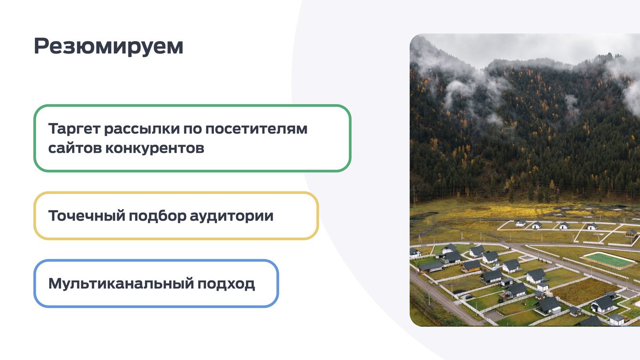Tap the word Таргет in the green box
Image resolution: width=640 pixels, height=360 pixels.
click(74, 129)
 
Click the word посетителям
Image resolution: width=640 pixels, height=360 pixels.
click(256, 129)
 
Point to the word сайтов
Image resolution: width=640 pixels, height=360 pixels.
click(75, 148)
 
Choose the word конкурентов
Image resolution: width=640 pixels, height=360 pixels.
click(155, 148)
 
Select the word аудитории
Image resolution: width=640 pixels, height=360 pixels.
click(232, 216)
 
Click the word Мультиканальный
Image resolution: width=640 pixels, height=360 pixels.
click(121, 284)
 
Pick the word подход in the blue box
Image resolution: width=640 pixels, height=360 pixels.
click(226, 284)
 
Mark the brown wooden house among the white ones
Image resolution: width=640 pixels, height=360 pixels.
click(471, 266)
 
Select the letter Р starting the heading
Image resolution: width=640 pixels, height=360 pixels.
click(41, 46)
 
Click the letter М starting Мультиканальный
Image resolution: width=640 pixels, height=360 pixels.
click(55, 284)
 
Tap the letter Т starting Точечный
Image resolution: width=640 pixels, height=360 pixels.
click(53, 215)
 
